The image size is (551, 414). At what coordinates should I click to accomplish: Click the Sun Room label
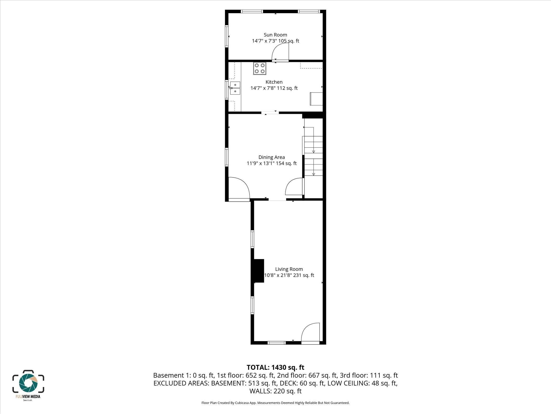pyautogui.click(x=275, y=35)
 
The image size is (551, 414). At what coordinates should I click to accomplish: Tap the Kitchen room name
pyautogui.click(x=274, y=82)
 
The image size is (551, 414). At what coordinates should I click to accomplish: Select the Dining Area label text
pyautogui.click(x=272, y=157)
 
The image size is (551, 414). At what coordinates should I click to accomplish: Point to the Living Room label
pyautogui.click(x=289, y=269)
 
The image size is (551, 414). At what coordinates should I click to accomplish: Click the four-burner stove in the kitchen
pyautogui.click(x=260, y=68)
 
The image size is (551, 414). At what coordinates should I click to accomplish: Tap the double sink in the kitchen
pyautogui.click(x=235, y=88)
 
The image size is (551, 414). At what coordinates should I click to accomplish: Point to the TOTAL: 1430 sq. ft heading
pyautogui.click(x=275, y=367)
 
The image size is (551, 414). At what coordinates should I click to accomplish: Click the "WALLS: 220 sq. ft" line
pyautogui.click(x=275, y=391)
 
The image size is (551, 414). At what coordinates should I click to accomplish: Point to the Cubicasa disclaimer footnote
pyautogui.click(x=275, y=403)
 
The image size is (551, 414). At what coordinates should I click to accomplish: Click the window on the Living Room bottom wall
pyautogui.click(x=276, y=343)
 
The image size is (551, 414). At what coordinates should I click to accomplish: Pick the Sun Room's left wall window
pyautogui.click(x=227, y=36)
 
